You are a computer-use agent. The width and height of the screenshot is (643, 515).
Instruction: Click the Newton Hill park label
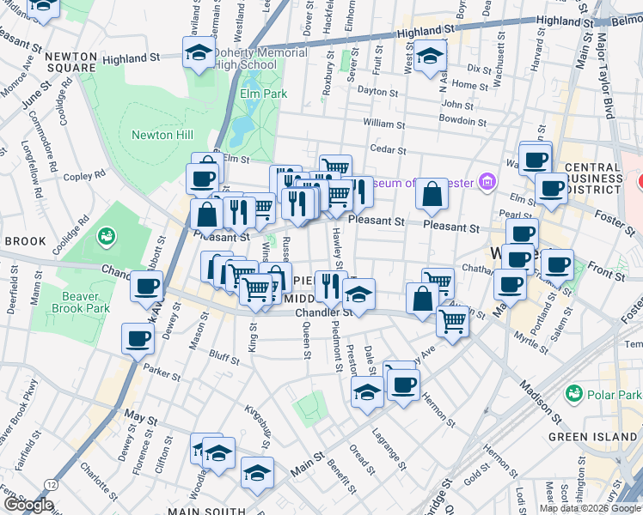tap(162, 135)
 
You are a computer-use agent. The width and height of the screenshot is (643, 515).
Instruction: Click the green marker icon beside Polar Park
tap(573, 392)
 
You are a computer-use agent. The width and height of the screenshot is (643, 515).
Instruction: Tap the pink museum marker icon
tap(488, 181)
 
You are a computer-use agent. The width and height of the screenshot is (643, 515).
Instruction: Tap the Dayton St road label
tap(377, 92)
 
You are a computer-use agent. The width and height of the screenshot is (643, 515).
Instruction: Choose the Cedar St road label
tap(388, 149)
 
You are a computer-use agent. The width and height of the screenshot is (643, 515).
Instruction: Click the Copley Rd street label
tap(83, 177)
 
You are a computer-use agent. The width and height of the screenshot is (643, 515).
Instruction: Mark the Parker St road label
tap(162, 374)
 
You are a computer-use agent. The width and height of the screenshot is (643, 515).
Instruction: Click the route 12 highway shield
tap(52, 486)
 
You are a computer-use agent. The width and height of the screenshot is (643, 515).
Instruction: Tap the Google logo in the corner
tap(28, 505)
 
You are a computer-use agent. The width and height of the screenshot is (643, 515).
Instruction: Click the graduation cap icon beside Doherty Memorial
tap(199, 52)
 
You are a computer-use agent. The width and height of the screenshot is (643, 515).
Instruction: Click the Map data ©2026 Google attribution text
tap(590, 508)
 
